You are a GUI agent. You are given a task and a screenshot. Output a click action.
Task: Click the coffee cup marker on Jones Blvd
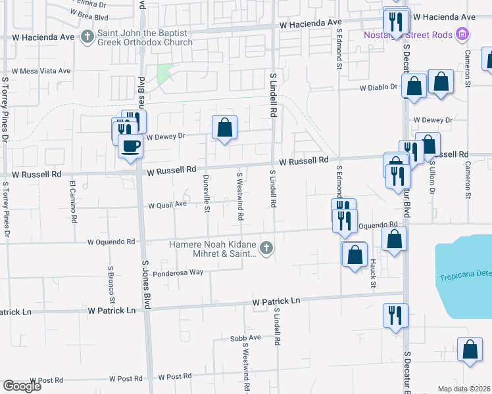coord(130,145)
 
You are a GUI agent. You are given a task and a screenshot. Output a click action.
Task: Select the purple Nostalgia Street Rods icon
coord(462,33)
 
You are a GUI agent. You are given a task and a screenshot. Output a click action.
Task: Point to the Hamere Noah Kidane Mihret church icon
coord(266,248)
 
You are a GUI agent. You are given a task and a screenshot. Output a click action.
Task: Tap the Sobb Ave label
coord(246,338)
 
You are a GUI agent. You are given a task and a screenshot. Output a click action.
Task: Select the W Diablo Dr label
coord(378,87)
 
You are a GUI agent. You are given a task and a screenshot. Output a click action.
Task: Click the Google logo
coord(22,386)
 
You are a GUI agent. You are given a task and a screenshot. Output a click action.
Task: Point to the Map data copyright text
coord(464,389)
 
